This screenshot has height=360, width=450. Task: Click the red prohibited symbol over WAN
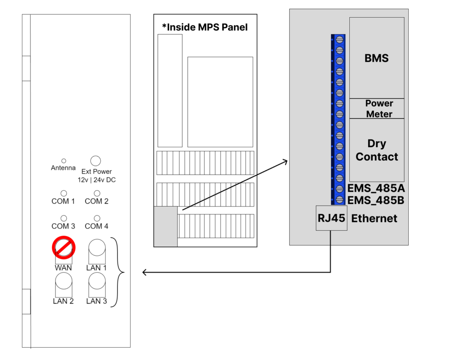[64, 247]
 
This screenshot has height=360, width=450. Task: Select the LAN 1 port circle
[97, 249]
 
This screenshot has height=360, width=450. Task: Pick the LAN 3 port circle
[97, 280]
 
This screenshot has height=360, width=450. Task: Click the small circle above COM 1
[63, 193]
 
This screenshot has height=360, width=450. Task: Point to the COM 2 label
[97, 201]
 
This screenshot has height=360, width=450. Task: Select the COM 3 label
[63, 226]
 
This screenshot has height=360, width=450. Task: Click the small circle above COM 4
[97, 218]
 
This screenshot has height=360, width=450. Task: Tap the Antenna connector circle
[63, 161]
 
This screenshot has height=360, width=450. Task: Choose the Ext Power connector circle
[95, 160]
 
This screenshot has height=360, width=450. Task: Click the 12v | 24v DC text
[94, 180]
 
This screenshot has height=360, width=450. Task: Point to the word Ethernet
[374, 218]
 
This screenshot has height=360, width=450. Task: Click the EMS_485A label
[376, 189]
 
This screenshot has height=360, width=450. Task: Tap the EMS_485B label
[376, 200]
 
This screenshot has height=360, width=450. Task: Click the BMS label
[377, 58]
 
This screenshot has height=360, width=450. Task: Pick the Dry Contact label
[377, 150]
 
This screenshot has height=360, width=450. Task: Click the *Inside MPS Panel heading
[205, 27]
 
